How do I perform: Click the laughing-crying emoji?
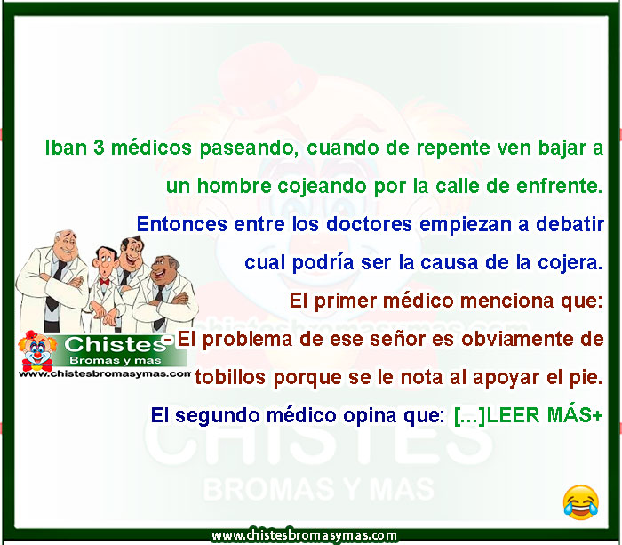click(581, 502)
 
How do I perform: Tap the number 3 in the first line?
click(99, 148)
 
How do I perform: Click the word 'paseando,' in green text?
click(249, 149)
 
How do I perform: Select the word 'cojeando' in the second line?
click(322, 187)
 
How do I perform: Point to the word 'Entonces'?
click(181, 224)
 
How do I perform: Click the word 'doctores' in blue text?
click(369, 224)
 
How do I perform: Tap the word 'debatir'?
click(570, 224)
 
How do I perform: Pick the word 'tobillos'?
click(229, 377)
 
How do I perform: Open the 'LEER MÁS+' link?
click(544, 415)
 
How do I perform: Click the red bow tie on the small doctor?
click(104, 282)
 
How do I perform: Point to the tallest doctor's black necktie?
click(55, 285)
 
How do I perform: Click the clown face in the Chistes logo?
click(37, 349)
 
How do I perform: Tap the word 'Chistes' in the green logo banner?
click(115, 345)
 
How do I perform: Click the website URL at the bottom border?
click(304, 535)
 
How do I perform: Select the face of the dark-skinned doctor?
click(163, 268)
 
